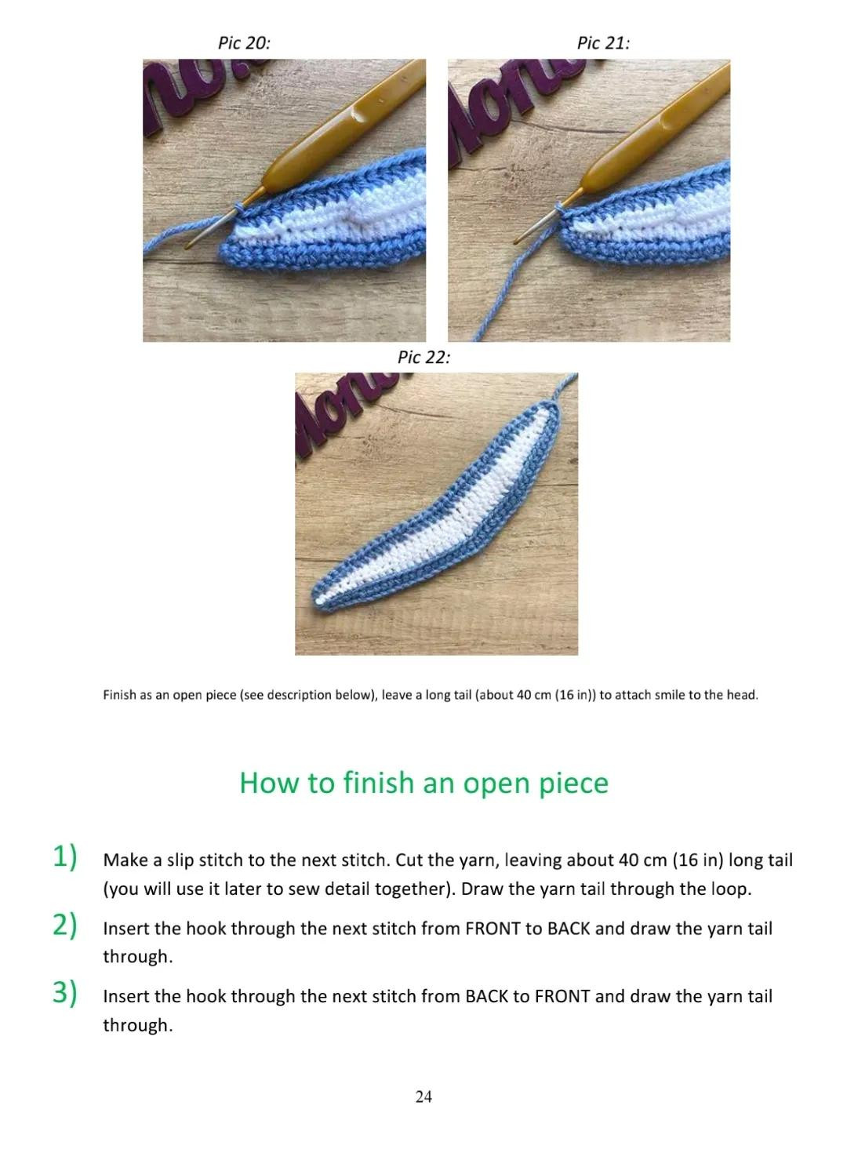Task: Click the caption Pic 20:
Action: (244, 43)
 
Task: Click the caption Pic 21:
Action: (603, 43)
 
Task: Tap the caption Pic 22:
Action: (423, 358)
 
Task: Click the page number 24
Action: (423, 1096)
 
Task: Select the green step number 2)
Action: (64, 925)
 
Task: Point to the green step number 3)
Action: (64, 993)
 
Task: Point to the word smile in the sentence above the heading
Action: (671, 695)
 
